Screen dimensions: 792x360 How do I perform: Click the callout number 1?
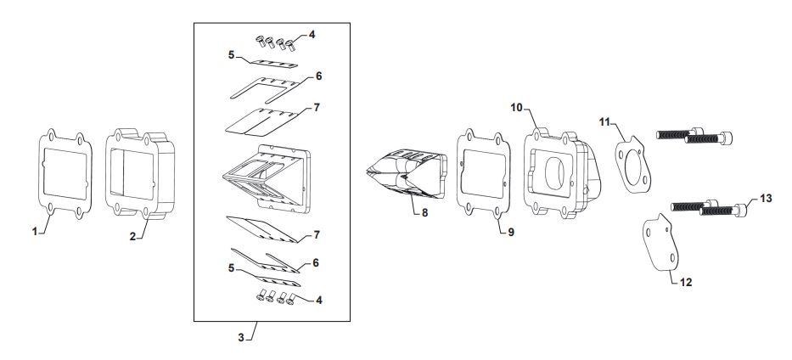pyautogui.click(x=35, y=231)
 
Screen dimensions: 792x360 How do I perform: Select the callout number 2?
pyautogui.click(x=132, y=236)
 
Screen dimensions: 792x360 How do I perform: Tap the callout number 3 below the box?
pyautogui.click(x=241, y=337)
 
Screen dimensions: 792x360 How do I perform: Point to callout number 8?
pyautogui.click(x=424, y=213)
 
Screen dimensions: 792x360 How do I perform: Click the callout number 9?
pyautogui.click(x=511, y=233)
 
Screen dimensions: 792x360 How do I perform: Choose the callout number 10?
pyautogui.click(x=516, y=108)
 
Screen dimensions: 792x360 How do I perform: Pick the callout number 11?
pyautogui.click(x=604, y=122)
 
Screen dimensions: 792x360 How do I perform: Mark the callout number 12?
pyautogui.click(x=686, y=282)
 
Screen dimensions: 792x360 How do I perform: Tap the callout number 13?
pyautogui.click(x=766, y=199)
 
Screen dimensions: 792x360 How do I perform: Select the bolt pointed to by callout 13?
pyautogui.click(x=723, y=210)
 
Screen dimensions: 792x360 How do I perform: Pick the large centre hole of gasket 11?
pyautogui.click(x=632, y=164)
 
